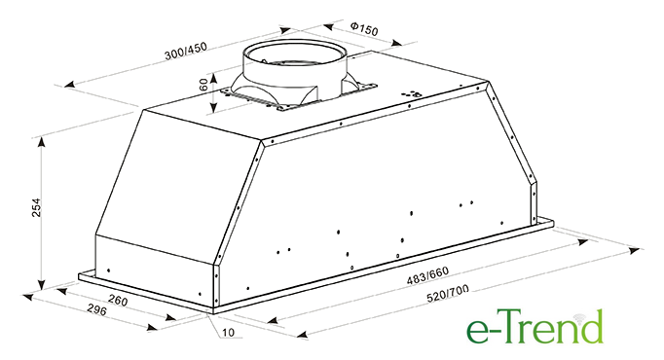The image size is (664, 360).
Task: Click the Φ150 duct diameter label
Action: point(364,29)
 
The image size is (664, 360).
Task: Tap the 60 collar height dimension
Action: point(203,85)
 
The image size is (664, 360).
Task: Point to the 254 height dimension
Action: point(37,207)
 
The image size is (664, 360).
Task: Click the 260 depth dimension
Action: point(117,301)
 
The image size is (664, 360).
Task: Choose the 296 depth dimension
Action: point(97,309)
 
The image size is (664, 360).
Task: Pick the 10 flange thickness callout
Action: point(228,333)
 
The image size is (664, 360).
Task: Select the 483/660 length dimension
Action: point(427,275)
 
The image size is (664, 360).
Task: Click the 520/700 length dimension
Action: point(448,294)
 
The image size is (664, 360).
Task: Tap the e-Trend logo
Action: point(535,326)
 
